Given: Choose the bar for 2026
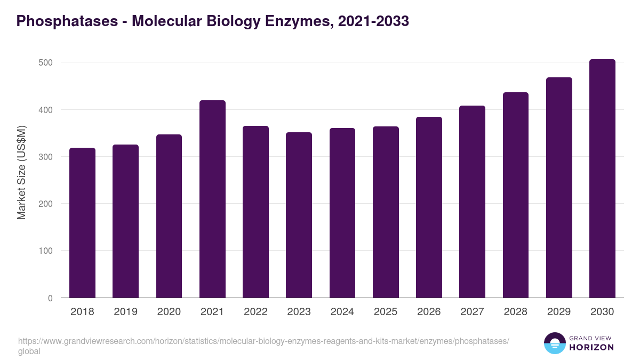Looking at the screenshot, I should pyautogui.click(x=429, y=207).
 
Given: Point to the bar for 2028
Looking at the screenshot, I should pyautogui.click(x=515, y=195).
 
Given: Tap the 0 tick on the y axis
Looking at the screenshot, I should pyautogui.click(x=50, y=298).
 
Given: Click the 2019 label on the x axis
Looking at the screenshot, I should pyautogui.click(x=125, y=312).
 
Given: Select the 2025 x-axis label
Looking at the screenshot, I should pyautogui.click(x=385, y=312).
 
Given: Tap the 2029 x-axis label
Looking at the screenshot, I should pyautogui.click(x=558, y=312).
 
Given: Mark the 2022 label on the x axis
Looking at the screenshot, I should pyautogui.click(x=255, y=312).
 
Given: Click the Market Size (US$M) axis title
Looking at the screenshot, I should pyautogui.click(x=21, y=173).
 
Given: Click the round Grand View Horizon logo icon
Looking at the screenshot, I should pyautogui.click(x=554, y=343).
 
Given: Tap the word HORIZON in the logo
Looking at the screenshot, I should pyautogui.click(x=592, y=347).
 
